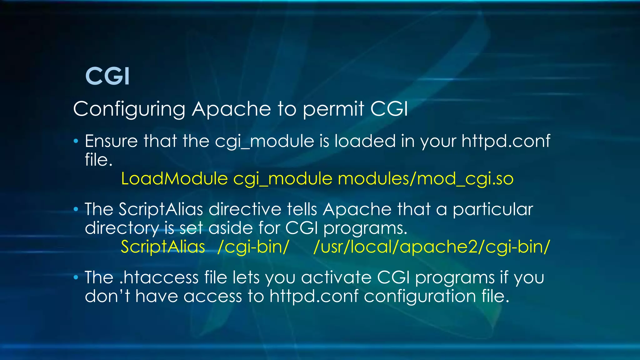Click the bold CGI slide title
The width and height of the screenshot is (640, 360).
tap(107, 76)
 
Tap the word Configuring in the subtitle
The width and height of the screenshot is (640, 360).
tap(129, 109)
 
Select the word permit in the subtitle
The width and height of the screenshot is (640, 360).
tap(333, 109)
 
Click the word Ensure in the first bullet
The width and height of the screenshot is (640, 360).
tap(111, 141)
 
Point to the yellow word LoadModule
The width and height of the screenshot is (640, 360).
tap(174, 179)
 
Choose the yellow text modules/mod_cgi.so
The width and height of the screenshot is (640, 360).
tap(426, 179)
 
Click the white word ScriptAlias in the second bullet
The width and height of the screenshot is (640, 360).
tap(161, 209)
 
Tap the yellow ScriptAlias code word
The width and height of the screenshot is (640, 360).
tap(163, 247)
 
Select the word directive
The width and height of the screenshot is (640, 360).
tap(245, 209)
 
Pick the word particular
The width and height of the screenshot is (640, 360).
tap(493, 209)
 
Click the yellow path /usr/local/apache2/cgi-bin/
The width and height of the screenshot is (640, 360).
tap(431, 247)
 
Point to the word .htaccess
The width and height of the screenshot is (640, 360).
tap(159, 277)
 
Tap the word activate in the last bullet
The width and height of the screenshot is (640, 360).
tap(336, 277)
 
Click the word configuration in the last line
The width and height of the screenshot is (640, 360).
tap(420, 297)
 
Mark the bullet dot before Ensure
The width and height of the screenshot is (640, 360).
tap(76, 141)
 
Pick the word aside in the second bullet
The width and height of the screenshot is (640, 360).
tap(231, 228)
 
